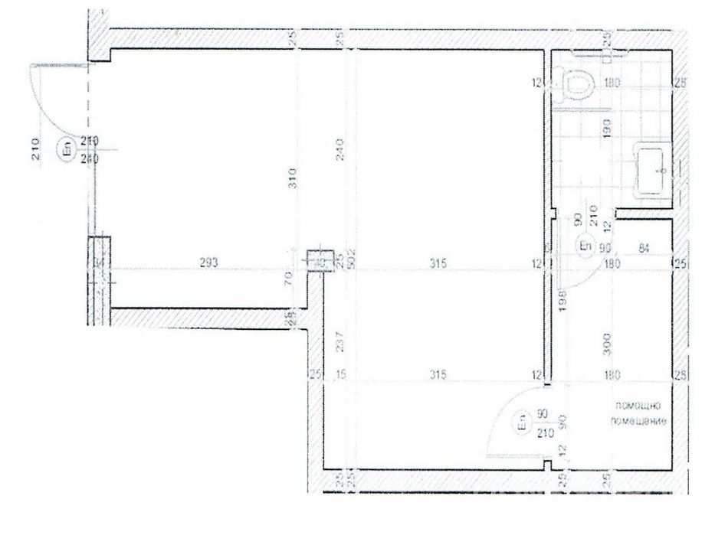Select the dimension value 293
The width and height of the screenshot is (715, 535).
(x=209, y=263)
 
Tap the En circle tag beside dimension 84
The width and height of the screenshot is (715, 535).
(x=585, y=246)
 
